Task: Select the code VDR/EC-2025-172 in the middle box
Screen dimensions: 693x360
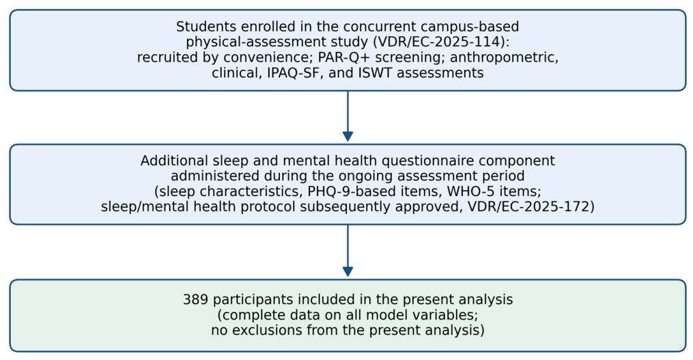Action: (526, 206)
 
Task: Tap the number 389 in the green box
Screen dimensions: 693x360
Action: (196, 299)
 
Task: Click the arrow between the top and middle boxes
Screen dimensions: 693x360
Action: (348, 116)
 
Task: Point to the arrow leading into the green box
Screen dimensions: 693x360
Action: (348, 251)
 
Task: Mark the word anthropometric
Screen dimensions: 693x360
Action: (505, 57)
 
